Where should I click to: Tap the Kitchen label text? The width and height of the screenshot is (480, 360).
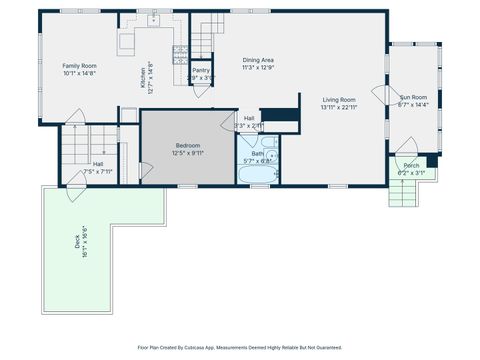click(x=142, y=75)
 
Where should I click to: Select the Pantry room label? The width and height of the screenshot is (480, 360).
click(x=201, y=70)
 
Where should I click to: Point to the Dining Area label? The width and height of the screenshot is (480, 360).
click(x=258, y=60)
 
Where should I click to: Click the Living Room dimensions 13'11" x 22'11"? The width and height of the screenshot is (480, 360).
click(x=339, y=107)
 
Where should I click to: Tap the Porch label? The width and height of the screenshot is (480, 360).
click(x=411, y=166)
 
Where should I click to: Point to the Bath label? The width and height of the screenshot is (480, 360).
click(x=257, y=153)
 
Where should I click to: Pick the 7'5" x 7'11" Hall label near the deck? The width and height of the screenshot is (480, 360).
click(x=98, y=167)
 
